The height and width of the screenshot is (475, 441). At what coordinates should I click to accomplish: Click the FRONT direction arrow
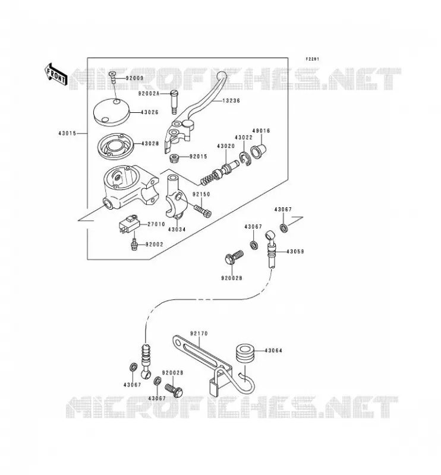click(56, 75)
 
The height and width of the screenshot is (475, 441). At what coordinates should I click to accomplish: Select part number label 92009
click(134, 78)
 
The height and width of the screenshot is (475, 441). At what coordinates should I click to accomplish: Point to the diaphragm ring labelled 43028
click(115, 145)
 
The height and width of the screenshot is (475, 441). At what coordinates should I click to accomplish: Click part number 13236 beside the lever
click(231, 100)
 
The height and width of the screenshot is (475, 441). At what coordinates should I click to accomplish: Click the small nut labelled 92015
click(174, 158)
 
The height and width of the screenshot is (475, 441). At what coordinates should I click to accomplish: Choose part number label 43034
click(177, 229)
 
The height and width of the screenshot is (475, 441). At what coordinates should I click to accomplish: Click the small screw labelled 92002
click(133, 244)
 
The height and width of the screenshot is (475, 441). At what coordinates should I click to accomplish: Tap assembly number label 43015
click(67, 133)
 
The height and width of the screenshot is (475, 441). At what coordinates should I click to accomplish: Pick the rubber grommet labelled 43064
click(244, 353)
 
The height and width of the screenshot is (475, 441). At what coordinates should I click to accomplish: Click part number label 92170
click(199, 334)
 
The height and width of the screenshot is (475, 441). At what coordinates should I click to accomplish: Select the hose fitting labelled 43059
click(272, 249)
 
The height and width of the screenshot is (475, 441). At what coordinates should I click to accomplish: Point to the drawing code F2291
click(312, 59)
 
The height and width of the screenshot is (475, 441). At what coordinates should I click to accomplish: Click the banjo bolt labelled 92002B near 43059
click(234, 257)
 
